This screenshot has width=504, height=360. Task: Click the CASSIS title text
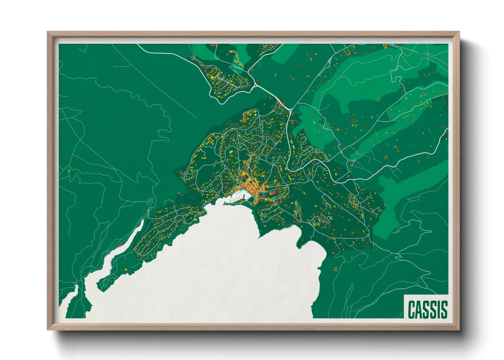(x=427, y=309)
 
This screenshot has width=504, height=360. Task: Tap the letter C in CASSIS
(x=411, y=309)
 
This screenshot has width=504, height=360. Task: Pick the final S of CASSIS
(x=443, y=309)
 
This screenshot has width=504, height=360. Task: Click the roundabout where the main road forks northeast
(x=290, y=110)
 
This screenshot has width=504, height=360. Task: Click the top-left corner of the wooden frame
(x=48, y=32)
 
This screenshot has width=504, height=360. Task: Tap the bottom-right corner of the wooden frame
(x=459, y=330)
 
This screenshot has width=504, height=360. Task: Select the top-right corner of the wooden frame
(x=459, y=32)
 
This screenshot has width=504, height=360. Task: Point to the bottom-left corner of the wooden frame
(x=48, y=330)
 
